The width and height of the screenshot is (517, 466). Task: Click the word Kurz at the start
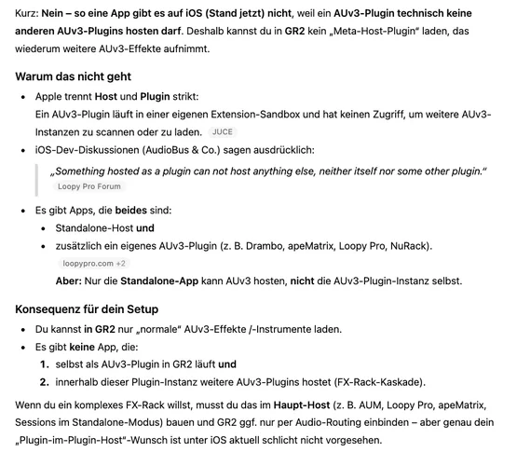pyautogui.click(x=27, y=15)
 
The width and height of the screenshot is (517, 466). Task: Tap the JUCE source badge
pyautogui.click(x=223, y=132)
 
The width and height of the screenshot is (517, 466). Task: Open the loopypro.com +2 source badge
pyautogui.click(x=93, y=264)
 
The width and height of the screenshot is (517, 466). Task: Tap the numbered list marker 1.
pyautogui.click(x=43, y=364)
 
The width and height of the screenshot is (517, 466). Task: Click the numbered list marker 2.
pyautogui.click(x=43, y=382)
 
